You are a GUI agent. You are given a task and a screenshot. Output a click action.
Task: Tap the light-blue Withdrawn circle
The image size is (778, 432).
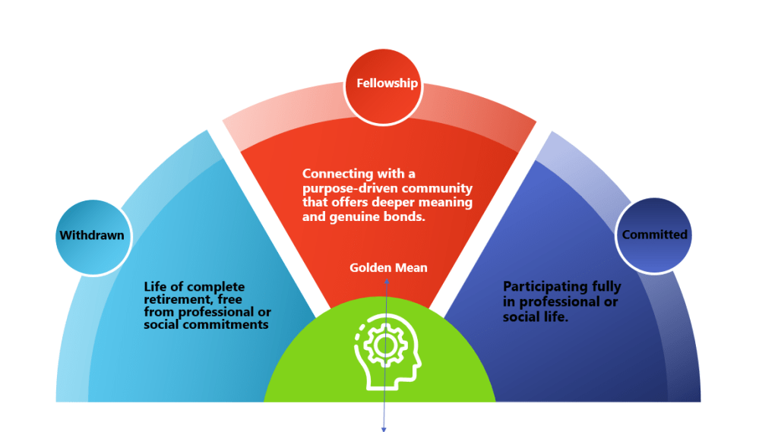(91, 235)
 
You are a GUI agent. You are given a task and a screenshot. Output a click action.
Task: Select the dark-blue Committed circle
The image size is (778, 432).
(654, 235)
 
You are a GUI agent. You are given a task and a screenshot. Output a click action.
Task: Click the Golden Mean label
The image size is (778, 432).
(388, 267)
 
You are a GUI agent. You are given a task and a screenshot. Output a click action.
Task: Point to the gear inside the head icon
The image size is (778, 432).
(384, 345)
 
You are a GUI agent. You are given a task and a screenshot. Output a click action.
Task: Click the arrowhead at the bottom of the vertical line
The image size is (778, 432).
(383, 429)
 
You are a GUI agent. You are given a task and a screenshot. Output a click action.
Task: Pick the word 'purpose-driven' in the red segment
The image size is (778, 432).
(345, 188)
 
